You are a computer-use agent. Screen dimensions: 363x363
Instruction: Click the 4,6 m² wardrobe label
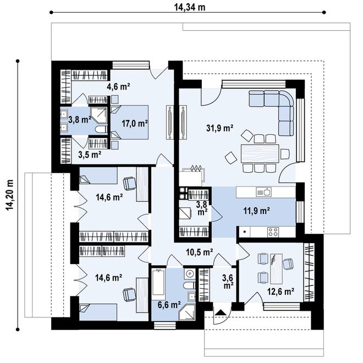(118, 86)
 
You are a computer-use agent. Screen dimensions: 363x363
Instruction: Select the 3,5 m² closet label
(88, 155)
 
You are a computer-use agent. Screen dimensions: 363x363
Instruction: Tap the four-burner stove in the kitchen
(272, 232)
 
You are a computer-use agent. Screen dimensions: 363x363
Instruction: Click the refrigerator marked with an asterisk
(244, 233)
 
